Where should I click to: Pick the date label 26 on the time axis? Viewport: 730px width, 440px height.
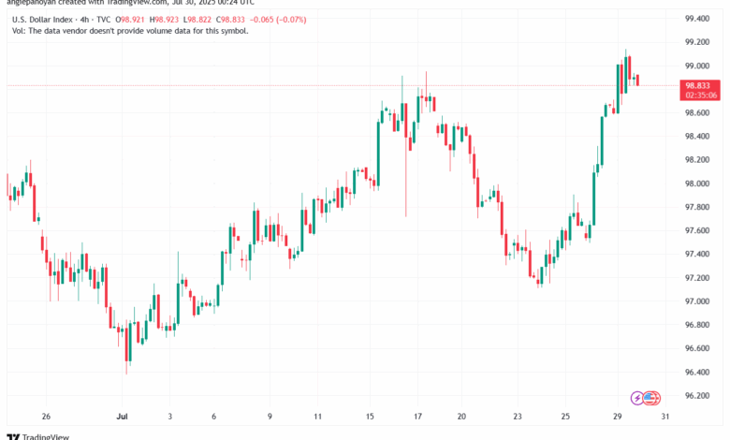coord(45,416)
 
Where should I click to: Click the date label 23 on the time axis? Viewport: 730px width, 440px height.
coord(518,416)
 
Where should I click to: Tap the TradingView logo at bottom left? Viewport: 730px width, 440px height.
coord(37,433)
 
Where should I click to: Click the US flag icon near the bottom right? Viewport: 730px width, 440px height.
coord(653,399)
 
